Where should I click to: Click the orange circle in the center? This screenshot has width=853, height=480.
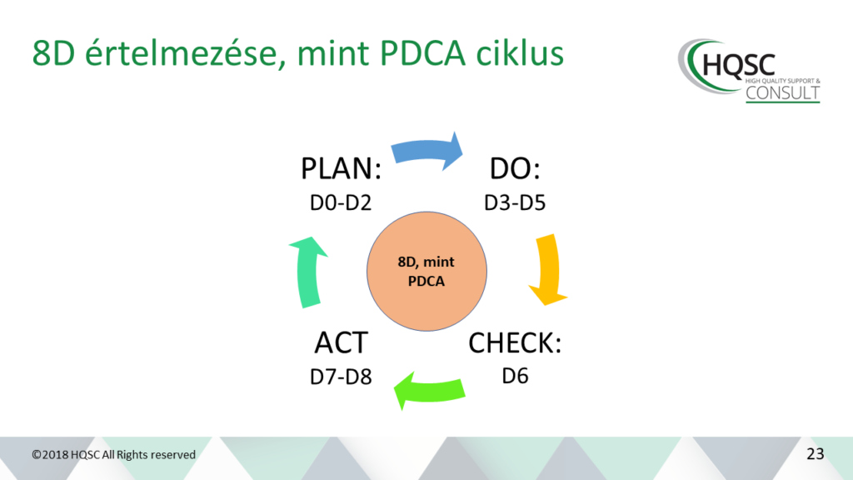tap(426, 272)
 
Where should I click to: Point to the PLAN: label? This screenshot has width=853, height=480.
tap(341, 170)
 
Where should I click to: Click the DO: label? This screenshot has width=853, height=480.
tap(514, 170)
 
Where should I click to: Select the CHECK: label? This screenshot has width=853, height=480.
tap(514, 343)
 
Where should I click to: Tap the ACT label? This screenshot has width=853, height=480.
tap(341, 343)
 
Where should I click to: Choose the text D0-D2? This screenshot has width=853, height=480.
tap(341, 202)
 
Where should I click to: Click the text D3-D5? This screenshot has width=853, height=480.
tap(514, 202)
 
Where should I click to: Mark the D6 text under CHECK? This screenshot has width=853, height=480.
tap(514, 375)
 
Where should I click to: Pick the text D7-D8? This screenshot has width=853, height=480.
tap(341, 375)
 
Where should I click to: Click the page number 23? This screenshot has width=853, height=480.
tap(815, 454)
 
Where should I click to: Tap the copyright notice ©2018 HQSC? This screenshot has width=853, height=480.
tap(114, 455)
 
